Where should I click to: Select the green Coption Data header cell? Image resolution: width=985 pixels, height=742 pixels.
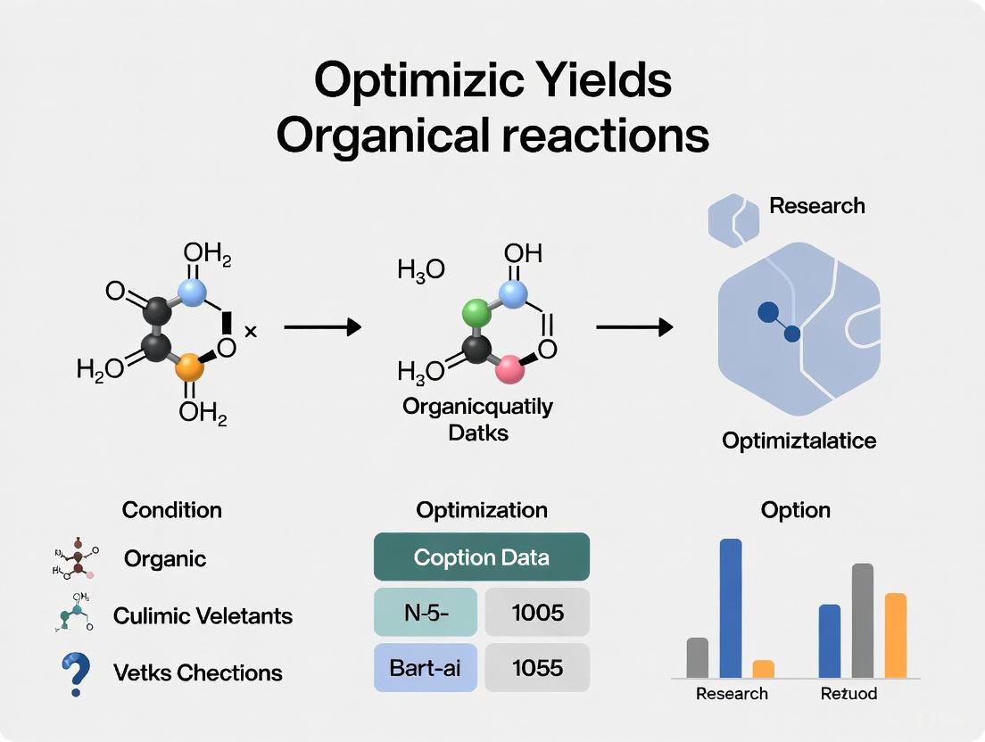[x=481, y=557]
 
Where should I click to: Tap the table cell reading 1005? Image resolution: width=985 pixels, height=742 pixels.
[x=538, y=612]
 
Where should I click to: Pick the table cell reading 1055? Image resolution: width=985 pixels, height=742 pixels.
[x=538, y=666]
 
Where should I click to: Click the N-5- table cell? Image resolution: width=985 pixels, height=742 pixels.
[x=426, y=612]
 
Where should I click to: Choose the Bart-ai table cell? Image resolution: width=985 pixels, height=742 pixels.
[x=426, y=666]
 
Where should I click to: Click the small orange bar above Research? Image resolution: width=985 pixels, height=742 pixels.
[x=763, y=668]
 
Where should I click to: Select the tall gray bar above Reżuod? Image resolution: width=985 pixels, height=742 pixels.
[x=862, y=620]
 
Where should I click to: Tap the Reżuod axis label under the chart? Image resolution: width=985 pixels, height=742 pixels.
[x=848, y=693]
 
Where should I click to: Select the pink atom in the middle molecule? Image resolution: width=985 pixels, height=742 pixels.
[x=509, y=368]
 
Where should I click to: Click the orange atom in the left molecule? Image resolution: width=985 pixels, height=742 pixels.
[x=189, y=368]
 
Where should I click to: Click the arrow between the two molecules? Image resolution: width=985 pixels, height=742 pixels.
[x=322, y=328]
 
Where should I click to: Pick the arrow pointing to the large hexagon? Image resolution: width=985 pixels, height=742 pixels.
[x=633, y=328]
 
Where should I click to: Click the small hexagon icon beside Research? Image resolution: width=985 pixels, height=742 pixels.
[x=733, y=218]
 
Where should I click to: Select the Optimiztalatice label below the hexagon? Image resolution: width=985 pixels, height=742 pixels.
[x=799, y=440]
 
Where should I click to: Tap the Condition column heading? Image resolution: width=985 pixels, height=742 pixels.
[x=171, y=510]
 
